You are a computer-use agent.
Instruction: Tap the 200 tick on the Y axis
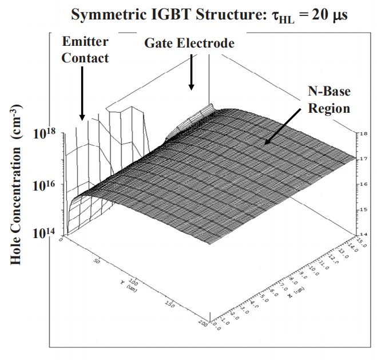(201, 324)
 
